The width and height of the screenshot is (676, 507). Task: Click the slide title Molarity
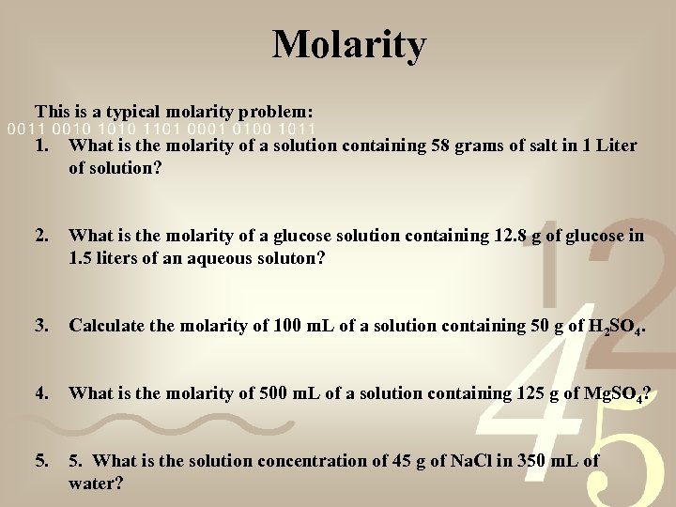pyautogui.click(x=349, y=44)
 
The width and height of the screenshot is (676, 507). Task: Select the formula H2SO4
pyautogui.click(x=615, y=327)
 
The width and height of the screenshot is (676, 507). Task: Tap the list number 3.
pyautogui.click(x=42, y=326)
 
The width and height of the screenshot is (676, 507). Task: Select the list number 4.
pyautogui.click(x=42, y=393)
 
